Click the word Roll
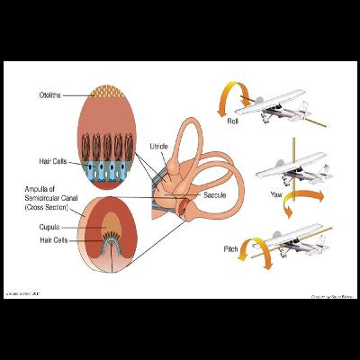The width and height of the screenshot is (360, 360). click(233, 120)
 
